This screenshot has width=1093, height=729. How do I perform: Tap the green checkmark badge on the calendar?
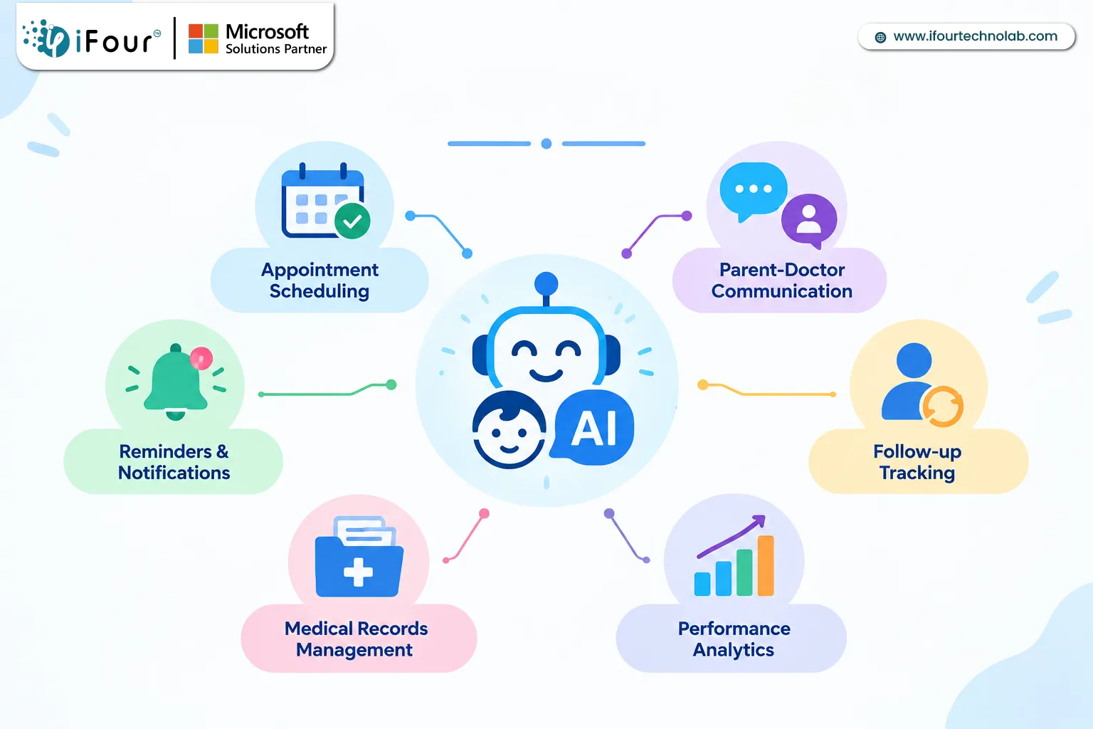coord(352,221)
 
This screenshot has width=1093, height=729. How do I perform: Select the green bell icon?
coord(176,381)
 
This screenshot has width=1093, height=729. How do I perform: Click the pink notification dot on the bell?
coord(201,358)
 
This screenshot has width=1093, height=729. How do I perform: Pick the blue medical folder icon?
coord(359,557)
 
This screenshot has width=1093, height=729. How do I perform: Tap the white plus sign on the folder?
coord(358,572)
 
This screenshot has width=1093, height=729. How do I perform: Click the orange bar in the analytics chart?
coord(766,565)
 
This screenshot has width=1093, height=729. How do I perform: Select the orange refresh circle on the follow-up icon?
coord(942,407)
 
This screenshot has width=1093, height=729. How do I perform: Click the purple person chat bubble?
coord(809,221)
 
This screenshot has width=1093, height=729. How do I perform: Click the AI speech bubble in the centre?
coord(593,428)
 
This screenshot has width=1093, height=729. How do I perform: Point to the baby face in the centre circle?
coord(509,430)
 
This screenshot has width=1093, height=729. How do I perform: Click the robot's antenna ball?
coord(546,283)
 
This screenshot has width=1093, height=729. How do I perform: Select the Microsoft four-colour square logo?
coord(204,38)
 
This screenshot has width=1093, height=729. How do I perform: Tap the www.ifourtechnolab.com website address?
coord(976,36)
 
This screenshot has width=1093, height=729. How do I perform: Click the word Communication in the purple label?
coord(782,291)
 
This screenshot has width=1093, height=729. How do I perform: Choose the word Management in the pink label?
coord(354,651)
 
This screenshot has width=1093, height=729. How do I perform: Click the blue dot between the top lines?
coord(546,144)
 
